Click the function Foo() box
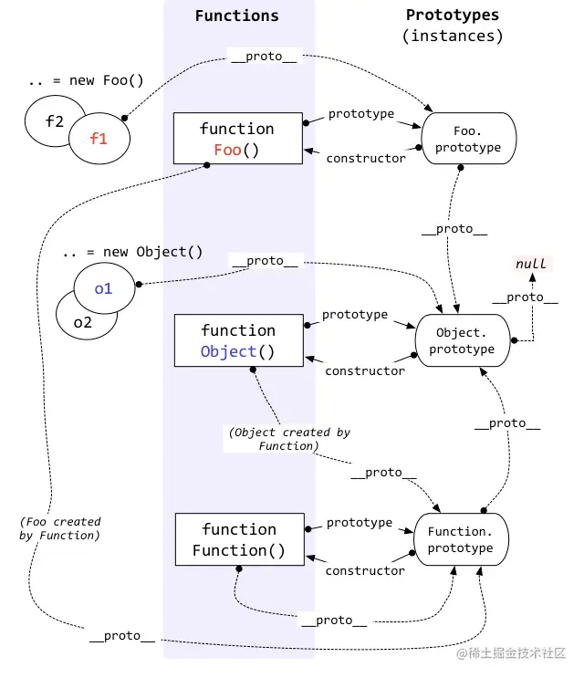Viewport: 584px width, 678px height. coord(237,139)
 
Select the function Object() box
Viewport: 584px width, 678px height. coord(238,340)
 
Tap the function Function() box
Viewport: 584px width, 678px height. coord(238,539)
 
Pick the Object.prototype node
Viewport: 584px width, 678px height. coord(464,340)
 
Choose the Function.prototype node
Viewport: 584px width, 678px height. coord(460,539)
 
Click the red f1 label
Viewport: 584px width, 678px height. coord(98,140)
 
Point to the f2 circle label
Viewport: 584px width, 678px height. coord(54,120)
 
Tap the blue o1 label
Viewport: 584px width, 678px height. coord(103,288)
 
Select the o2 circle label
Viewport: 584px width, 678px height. coord(82,322)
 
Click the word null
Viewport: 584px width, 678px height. coord(530,264)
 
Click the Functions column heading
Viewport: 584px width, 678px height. coord(237,16)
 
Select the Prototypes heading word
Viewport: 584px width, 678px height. coord(453,16)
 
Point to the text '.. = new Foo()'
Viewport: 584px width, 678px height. coord(86,80)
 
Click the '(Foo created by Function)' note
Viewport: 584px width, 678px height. coord(60,528)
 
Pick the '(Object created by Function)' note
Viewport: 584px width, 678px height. coord(288,439)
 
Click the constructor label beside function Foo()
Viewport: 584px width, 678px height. coord(366,158)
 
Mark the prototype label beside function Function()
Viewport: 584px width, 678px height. coord(360,523)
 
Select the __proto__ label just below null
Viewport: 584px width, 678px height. coord(525,297)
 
